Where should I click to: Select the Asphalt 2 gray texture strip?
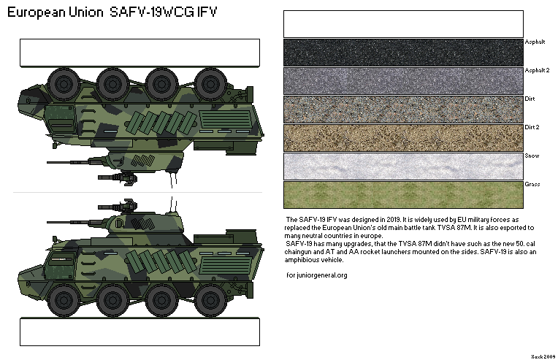(x=403, y=80)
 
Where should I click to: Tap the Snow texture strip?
(x=403, y=166)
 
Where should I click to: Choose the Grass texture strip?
(x=403, y=194)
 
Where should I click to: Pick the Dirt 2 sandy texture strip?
(x=403, y=137)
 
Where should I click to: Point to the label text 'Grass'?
(x=532, y=184)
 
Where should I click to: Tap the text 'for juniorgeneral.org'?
(x=317, y=275)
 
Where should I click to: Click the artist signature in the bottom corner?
(x=541, y=353)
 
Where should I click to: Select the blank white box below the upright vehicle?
(x=139, y=332)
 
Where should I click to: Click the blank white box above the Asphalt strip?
(x=403, y=23)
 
